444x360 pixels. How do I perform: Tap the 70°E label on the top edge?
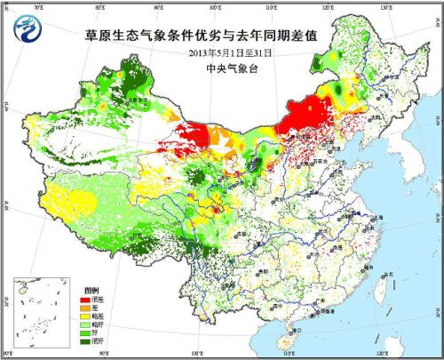36,6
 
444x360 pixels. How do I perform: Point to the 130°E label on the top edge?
384,6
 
